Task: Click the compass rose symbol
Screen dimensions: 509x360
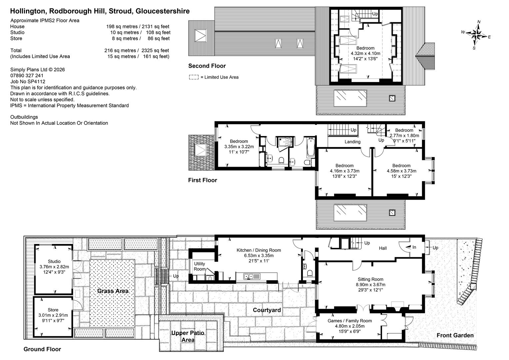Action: tap(476, 35)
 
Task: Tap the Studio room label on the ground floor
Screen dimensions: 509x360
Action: tap(54, 261)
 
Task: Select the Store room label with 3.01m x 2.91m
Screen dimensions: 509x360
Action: tap(53, 315)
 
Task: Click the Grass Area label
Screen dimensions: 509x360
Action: tap(113, 291)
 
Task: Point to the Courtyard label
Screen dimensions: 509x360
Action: tap(267, 310)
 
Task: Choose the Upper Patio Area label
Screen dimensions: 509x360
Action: tap(188, 336)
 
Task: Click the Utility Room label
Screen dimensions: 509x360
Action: tap(200, 266)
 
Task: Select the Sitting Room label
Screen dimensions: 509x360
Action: tap(370, 279)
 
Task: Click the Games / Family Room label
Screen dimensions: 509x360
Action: tap(350, 321)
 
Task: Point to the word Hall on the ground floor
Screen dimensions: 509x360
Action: tap(383, 248)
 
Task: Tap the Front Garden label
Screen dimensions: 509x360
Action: tap(455, 335)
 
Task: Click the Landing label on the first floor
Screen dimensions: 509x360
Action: tap(352, 142)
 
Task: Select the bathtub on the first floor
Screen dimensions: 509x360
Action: tap(310, 147)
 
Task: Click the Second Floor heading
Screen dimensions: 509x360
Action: tap(207, 66)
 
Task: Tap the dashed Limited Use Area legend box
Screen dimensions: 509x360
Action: tap(194, 77)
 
